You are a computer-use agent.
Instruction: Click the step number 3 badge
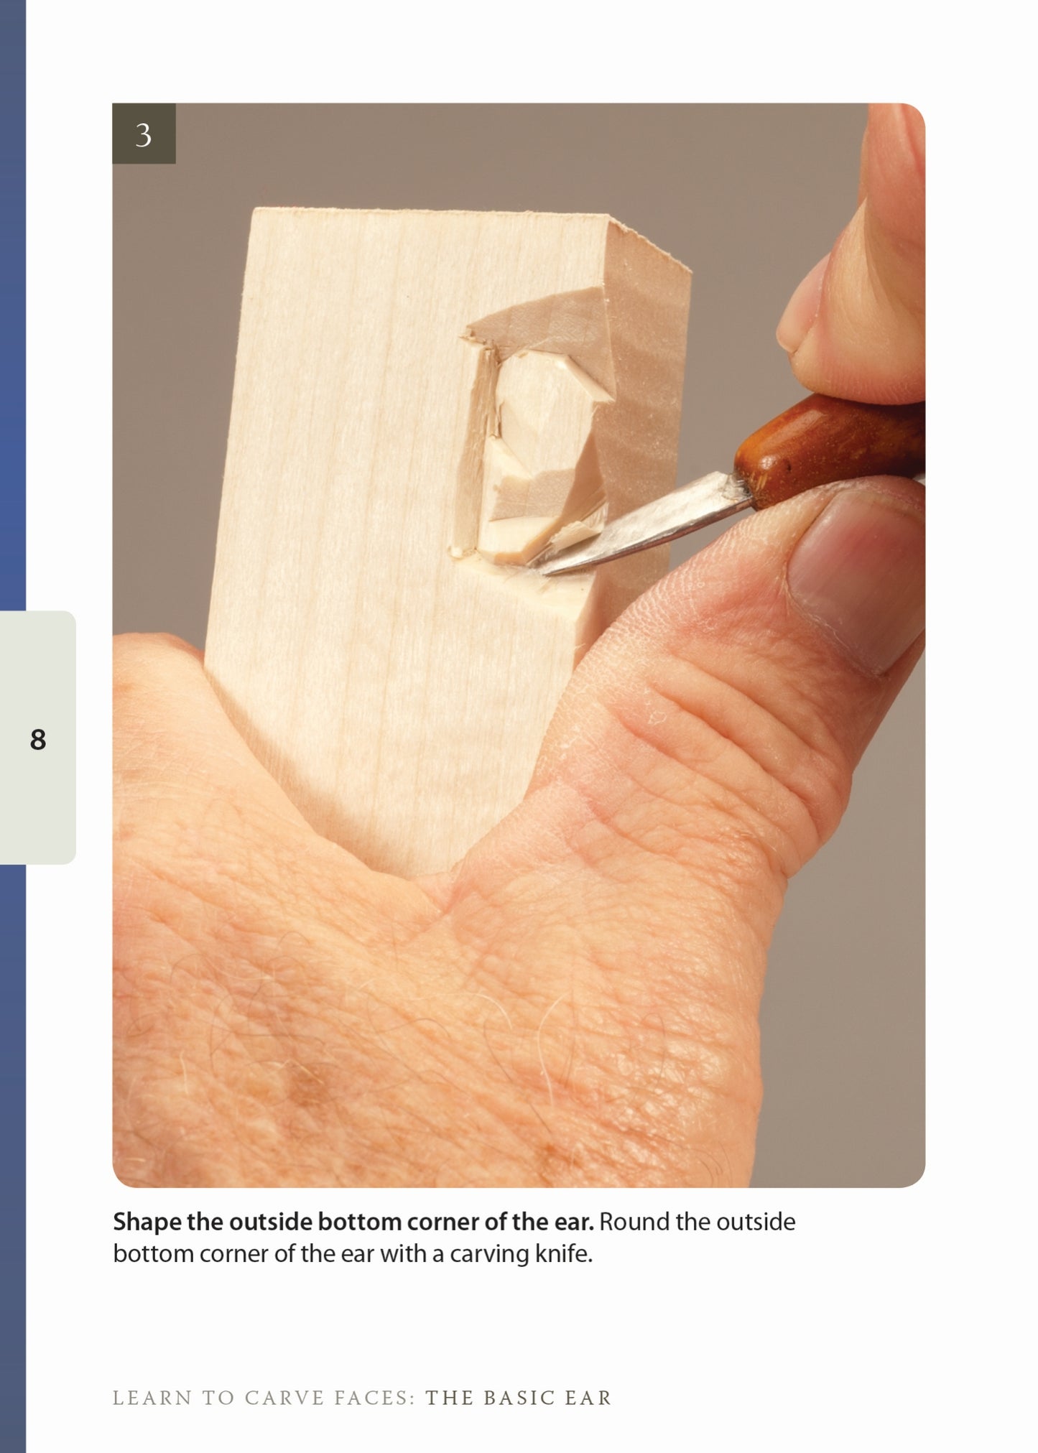(144, 134)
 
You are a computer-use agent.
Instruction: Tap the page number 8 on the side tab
(38, 739)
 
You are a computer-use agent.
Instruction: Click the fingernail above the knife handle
(797, 323)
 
